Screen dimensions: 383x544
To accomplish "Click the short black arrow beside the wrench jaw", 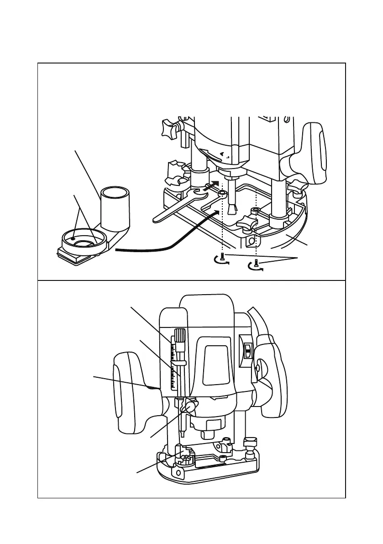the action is point(212,185).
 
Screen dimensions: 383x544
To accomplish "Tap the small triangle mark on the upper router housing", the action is point(222,154).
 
